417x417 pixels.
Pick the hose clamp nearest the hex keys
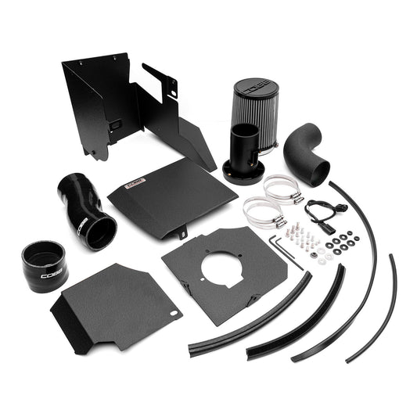coord(262,211)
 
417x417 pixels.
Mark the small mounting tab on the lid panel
coord(181,232)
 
